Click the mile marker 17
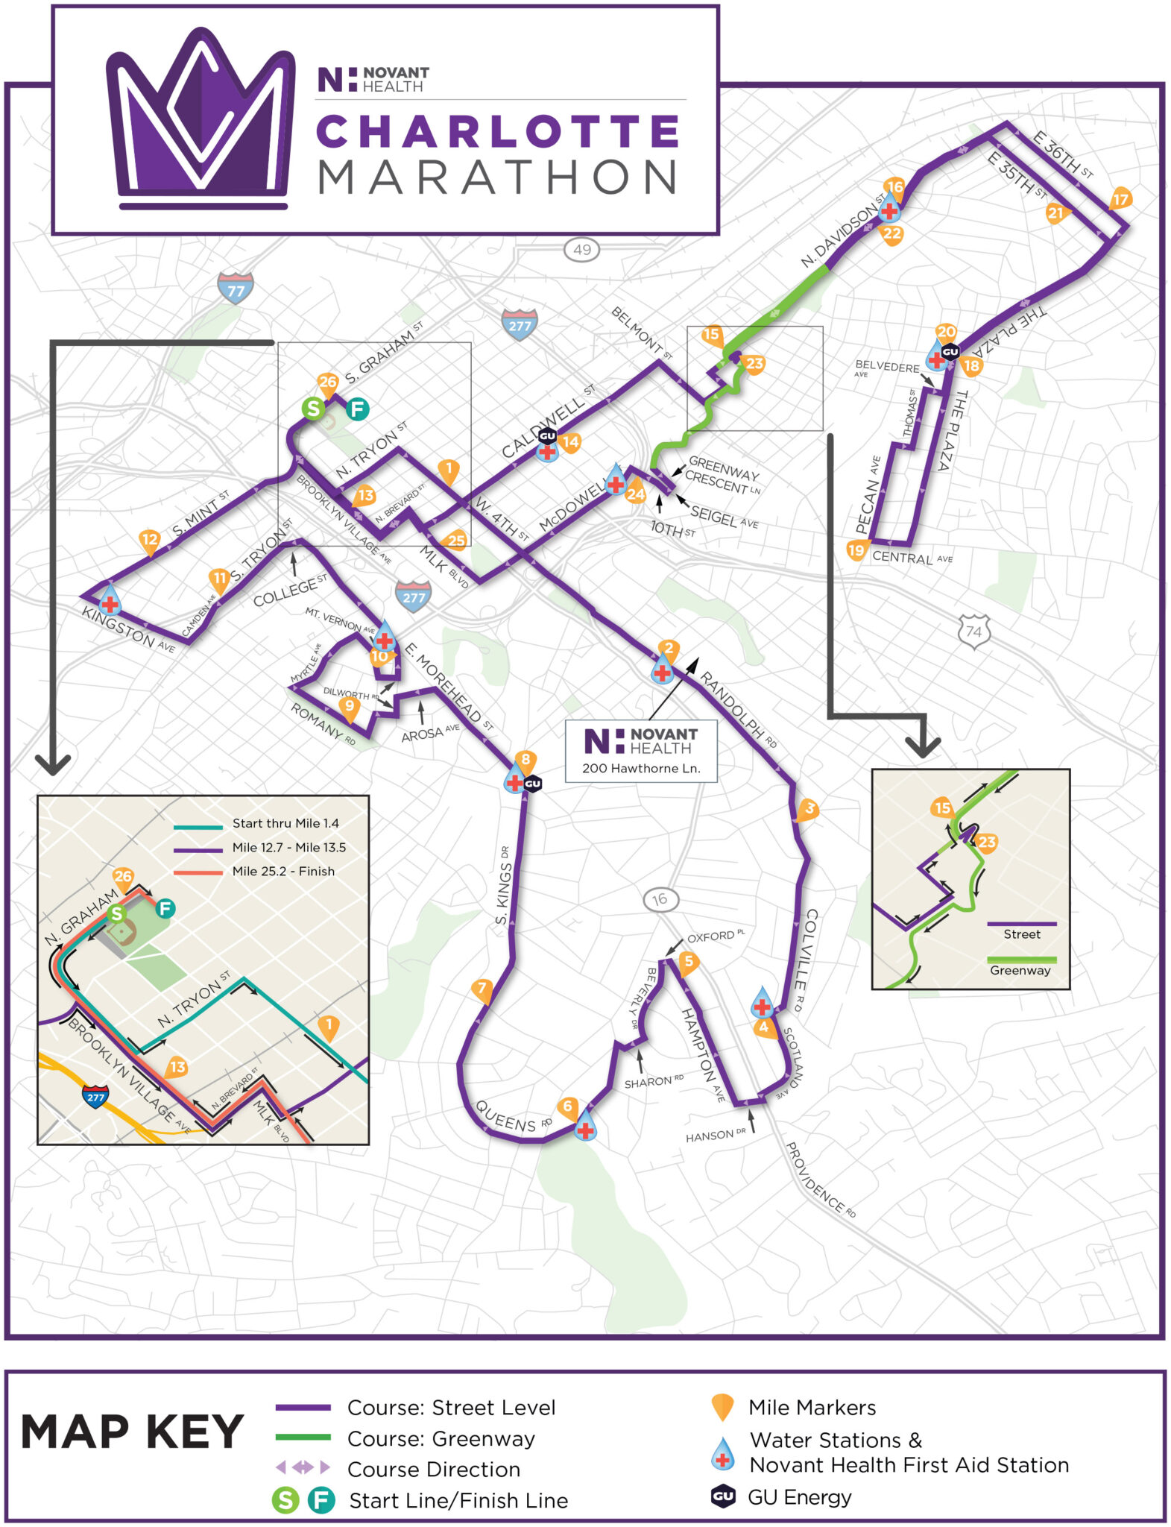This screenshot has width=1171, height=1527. (1120, 199)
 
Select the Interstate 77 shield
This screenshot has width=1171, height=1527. (236, 289)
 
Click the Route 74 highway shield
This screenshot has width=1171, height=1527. (973, 631)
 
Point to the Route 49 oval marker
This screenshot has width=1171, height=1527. (581, 249)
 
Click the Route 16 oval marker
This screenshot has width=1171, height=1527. (660, 899)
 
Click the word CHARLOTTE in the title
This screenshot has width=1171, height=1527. (497, 131)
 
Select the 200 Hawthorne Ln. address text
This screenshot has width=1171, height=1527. (641, 768)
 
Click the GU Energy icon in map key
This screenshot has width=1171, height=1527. (722, 1496)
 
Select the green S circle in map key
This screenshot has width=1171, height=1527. (285, 1499)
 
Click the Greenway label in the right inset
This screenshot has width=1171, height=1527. (1020, 970)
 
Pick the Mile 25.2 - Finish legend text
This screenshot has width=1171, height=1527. (283, 871)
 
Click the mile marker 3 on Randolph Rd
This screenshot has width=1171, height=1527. (809, 809)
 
